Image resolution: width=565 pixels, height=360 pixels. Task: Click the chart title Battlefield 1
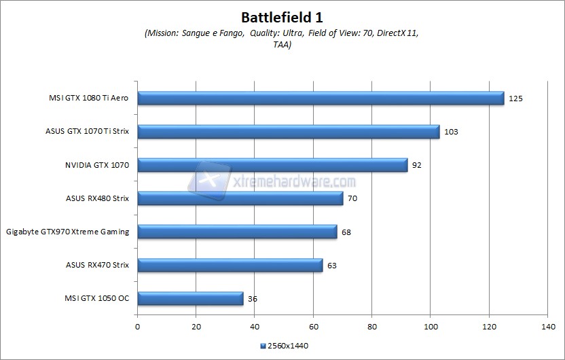click(282, 16)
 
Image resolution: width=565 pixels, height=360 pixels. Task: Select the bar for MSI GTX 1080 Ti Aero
click(321, 98)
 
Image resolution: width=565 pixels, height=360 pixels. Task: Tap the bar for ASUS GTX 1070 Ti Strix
click(289, 132)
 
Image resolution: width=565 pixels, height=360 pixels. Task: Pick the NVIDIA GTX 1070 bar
click(272, 165)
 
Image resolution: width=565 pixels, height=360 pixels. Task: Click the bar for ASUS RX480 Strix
click(240, 198)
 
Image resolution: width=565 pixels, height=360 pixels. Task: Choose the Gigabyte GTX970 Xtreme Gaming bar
click(237, 232)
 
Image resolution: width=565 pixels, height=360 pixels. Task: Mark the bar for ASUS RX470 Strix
click(230, 265)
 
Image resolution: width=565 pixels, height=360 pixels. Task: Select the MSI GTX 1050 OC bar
click(190, 298)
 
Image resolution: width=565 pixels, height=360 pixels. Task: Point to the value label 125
click(515, 98)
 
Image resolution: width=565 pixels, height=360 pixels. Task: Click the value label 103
click(451, 132)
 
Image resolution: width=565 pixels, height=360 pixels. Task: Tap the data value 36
click(253, 298)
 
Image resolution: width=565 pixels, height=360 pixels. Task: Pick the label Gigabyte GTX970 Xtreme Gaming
click(67, 232)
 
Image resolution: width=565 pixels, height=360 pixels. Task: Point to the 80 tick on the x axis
click(372, 327)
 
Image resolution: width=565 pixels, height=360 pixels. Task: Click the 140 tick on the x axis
click(548, 327)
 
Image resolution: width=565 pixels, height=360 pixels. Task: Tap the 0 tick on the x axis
click(138, 327)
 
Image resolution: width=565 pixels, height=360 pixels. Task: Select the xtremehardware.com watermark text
click(302, 183)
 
